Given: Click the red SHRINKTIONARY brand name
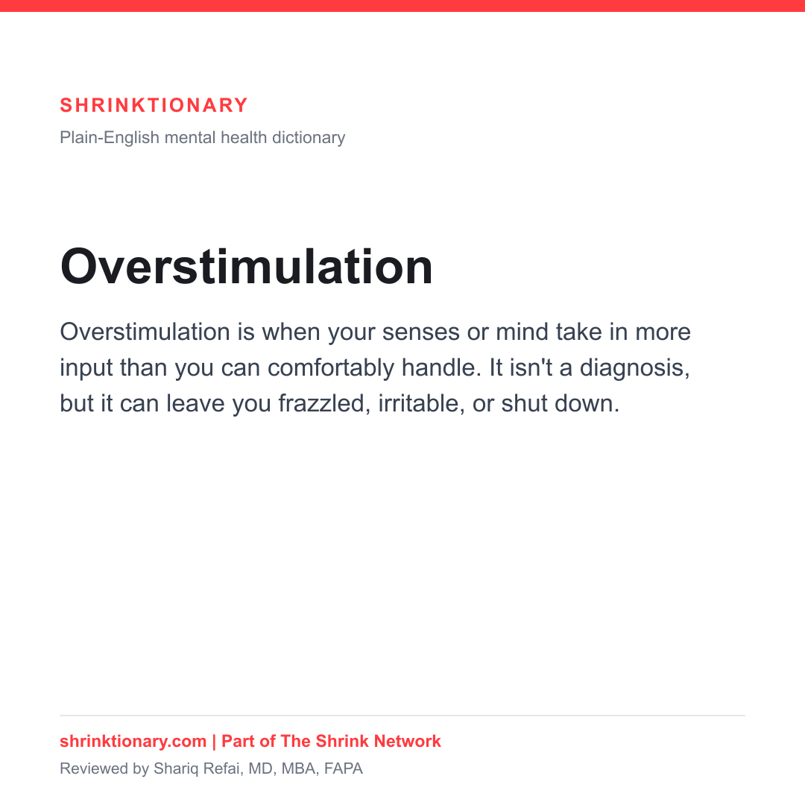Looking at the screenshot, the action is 154,105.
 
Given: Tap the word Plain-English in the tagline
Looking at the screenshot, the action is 110,138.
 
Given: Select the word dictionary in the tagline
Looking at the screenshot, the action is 309,138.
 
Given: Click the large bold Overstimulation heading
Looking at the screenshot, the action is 247,266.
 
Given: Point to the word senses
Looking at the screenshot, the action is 421,332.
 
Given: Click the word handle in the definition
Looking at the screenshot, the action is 441,367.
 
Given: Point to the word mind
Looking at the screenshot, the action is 522,332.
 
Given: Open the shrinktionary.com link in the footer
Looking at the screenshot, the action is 133,742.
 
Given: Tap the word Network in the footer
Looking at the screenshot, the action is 407,742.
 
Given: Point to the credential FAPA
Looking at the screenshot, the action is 344,768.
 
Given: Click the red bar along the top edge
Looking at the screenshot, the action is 402,6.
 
